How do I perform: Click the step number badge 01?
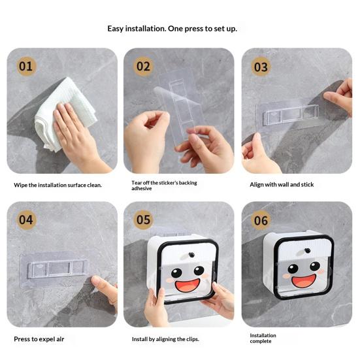pos(26,67)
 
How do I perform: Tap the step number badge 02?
pos(143,67)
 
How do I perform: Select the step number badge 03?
pos(261,67)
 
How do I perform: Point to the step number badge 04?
pos(26,220)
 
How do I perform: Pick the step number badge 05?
pos(143,220)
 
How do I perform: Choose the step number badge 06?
pos(261,220)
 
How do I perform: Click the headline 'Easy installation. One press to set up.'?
pos(172,29)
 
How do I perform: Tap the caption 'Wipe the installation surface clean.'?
pos(57,185)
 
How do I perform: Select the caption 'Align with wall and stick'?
pos(282,185)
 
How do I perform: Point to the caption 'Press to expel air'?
pos(39,339)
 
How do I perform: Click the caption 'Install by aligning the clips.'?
pos(165,339)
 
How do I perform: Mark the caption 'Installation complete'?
pos(263,338)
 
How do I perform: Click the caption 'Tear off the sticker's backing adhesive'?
pos(164,186)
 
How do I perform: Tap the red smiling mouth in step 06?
pos(304,281)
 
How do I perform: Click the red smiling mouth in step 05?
pos(187,286)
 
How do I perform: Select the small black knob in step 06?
pos(307,250)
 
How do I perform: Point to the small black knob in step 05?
pos(191,255)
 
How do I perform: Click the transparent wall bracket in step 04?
pos(54,269)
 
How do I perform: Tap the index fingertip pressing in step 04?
pos(95,280)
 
